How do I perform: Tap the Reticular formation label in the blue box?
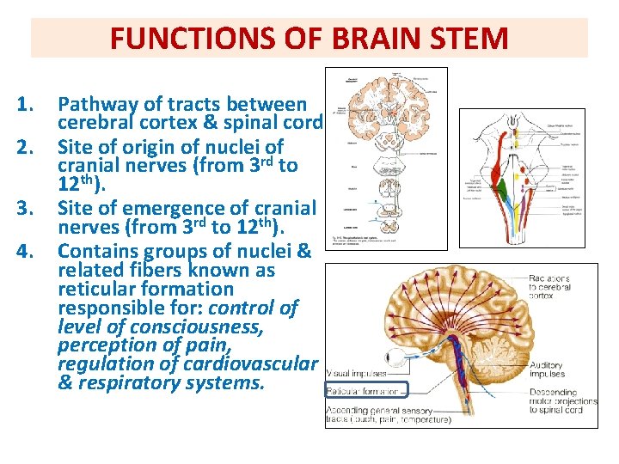coord(364,391)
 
